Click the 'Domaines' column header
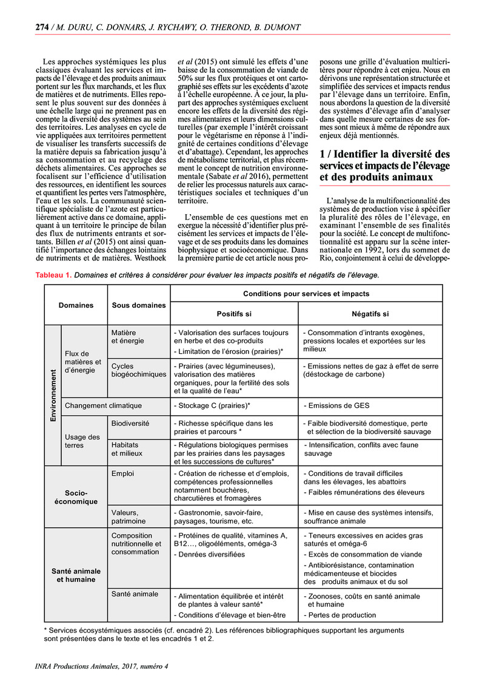[x=76, y=305]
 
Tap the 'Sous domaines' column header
[x=138, y=305]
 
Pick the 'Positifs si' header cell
[x=234, y=314]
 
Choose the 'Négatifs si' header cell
[x=370, y=314]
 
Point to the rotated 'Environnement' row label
[x=53, y=394]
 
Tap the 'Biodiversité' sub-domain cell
[x=130, y=422]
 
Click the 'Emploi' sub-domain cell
[x=122, y=473]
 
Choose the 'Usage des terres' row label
[x=82, y=441]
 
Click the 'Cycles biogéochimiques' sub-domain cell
[x=138, y=370]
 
